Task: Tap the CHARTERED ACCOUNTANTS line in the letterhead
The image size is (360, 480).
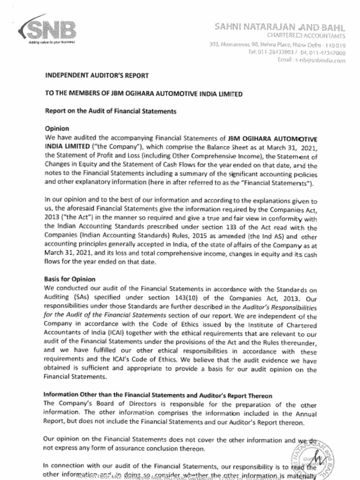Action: tap(306, 36)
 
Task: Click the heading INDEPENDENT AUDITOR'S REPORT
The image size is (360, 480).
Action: tap(97, 75)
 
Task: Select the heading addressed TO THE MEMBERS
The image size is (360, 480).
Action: tap(143, 94)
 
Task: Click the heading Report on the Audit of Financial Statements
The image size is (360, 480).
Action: tap(110, 112)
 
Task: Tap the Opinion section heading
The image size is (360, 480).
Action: tap(57, 129)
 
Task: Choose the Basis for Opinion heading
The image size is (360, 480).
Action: tap(70, 279)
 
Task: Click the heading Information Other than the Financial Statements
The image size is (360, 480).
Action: tap(158, 396)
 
